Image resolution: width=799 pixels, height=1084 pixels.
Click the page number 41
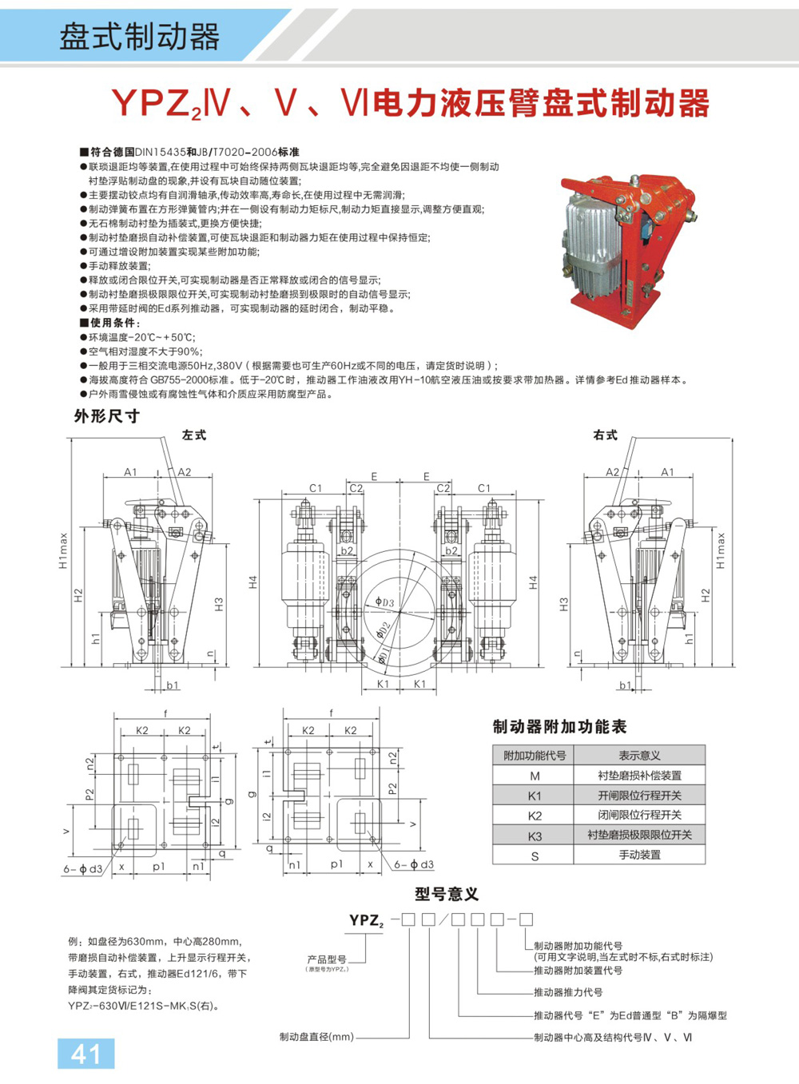coord(85,1054)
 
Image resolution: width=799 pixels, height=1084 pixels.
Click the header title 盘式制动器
coord(139,36)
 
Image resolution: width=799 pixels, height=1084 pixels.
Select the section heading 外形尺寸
coord(107,416)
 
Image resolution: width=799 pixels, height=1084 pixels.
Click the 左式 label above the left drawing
coord(194,435)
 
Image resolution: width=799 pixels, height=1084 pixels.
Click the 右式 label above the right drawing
coord(605,435)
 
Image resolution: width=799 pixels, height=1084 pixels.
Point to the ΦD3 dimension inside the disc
coord(385,602)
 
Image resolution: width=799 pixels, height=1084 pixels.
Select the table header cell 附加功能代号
coord(534,756)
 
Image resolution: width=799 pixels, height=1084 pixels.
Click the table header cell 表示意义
coord(639,756)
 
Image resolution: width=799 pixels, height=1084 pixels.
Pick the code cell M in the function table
coord(534,776)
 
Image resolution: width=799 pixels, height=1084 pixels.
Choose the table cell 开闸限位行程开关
coord(639,796)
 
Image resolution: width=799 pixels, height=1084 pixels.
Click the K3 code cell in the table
coord(534,836)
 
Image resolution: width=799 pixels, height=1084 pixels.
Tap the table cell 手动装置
coord(639,856)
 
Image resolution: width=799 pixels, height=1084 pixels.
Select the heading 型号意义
coord(447,894)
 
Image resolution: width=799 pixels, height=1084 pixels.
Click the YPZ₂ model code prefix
coord(366,920)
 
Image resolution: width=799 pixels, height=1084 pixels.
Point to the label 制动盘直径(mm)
coord(316,1037)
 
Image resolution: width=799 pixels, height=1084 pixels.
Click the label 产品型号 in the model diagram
coord(327,959)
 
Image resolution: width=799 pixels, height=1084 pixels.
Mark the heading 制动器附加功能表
coord(559,727)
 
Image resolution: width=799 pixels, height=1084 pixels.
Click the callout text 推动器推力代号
coord(568,992)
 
